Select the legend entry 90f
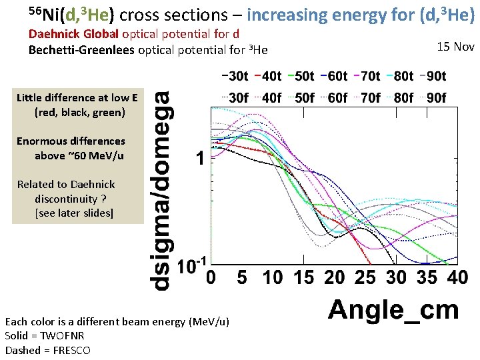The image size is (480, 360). click(436, 97)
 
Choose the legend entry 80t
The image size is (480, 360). click(403, 77)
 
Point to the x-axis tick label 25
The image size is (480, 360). click(366, 277)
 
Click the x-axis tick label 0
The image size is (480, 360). click(211, 277)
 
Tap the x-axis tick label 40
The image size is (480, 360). click(457, 277)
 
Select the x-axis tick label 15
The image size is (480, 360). click(303, 277)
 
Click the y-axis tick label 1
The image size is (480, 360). click(199, 159)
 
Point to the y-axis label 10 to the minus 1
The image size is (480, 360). click(192, 267)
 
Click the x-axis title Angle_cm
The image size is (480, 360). click(393, 310)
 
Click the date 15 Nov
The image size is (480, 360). click(455, 46)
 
